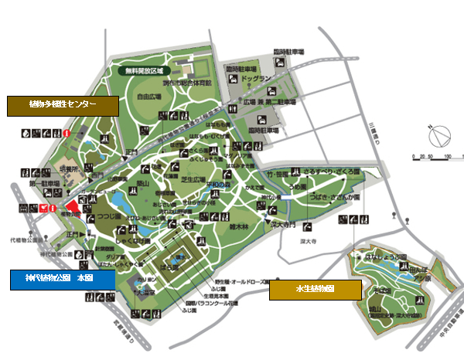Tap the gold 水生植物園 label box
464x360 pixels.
click(x=315, y=290)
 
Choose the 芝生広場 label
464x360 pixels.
click(x=194, y=179)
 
